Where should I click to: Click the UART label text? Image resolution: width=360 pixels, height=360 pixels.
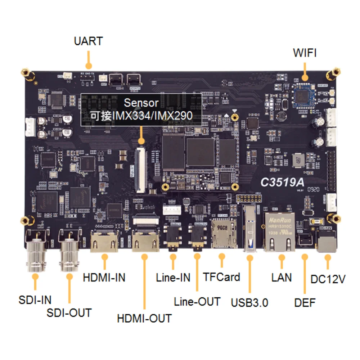(x=88, y=41)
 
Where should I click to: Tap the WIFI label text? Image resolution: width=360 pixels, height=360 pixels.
(x=305, y=53)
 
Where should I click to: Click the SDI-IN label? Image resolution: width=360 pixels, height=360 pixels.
(x=35, y=300)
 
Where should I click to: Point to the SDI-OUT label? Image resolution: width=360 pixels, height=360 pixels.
(x=69, y=312)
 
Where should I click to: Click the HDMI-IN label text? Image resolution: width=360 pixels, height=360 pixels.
(x=104, y=278)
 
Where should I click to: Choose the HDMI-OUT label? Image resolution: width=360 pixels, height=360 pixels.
(x=144, y=318)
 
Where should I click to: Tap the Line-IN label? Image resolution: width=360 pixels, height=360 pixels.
(x=173, y=278)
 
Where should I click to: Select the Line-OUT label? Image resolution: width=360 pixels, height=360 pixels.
(x=197, y=301)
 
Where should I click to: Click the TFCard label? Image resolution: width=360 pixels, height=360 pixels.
(x=221, y=277)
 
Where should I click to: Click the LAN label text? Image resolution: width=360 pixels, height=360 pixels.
(x=282, y=278)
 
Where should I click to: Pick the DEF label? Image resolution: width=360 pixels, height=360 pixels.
(x=305, y=302)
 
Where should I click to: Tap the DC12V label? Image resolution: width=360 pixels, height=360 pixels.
(x=328, y=279)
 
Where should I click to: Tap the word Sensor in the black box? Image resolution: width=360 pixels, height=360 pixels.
(x=141, y=103)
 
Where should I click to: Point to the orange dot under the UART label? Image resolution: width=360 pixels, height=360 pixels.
(x=89, y=66)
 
